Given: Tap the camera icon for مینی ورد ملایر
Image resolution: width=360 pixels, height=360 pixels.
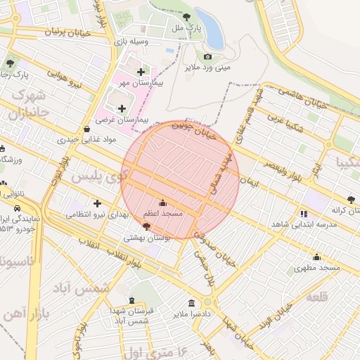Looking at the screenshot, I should click(207, 56).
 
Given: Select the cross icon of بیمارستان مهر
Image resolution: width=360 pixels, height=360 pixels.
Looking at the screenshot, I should click(141, 72).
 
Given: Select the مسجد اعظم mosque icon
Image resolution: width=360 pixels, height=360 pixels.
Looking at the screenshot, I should click(163, 202).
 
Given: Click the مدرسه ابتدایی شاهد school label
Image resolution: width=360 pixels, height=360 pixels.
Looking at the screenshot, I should click(304, 223).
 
